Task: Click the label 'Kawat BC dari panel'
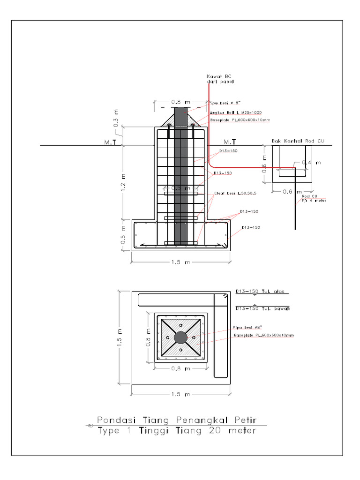click(220, 79)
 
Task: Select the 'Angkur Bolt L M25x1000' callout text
click(235, 113)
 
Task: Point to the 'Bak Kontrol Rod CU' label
click(298, 141)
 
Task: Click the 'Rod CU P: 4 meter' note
click(314, 198)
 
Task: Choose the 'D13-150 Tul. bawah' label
click(262, 308)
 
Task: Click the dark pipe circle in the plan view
click(180, 337)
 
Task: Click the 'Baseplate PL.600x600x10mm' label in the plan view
click(264, 336)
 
